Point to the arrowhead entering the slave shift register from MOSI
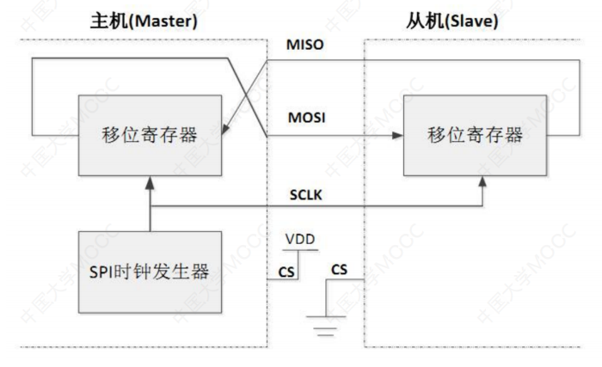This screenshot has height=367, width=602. [399, 136]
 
